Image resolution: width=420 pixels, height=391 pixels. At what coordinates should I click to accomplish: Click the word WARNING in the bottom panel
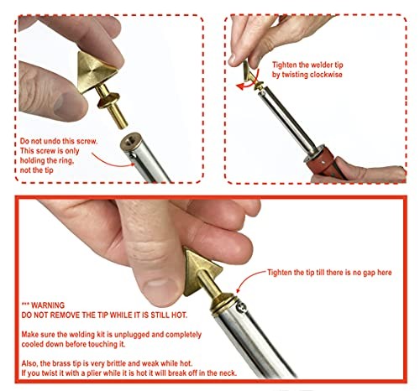click(48, 305)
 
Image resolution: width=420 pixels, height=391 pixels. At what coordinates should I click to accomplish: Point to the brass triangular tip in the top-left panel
click(95, 72)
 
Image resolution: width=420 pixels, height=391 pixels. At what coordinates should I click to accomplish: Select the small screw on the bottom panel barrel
click(242, 307)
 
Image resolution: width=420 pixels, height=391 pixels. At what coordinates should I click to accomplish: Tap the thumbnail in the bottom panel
click(160, 290)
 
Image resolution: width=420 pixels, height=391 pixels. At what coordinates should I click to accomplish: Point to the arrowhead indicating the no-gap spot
click(239, 289)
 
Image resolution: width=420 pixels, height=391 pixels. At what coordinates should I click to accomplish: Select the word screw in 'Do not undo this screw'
click(87, 141)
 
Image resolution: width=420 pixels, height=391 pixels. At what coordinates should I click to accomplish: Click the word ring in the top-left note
click(66, 161)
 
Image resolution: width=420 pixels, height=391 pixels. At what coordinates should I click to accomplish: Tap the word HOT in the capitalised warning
click(179, 315)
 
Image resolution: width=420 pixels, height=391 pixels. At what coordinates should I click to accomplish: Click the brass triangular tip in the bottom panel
click(201, 273)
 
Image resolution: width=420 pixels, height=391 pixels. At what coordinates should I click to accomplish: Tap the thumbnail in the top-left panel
click(65, 106)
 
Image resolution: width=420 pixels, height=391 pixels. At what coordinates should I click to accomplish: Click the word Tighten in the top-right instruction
click(284, 65)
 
